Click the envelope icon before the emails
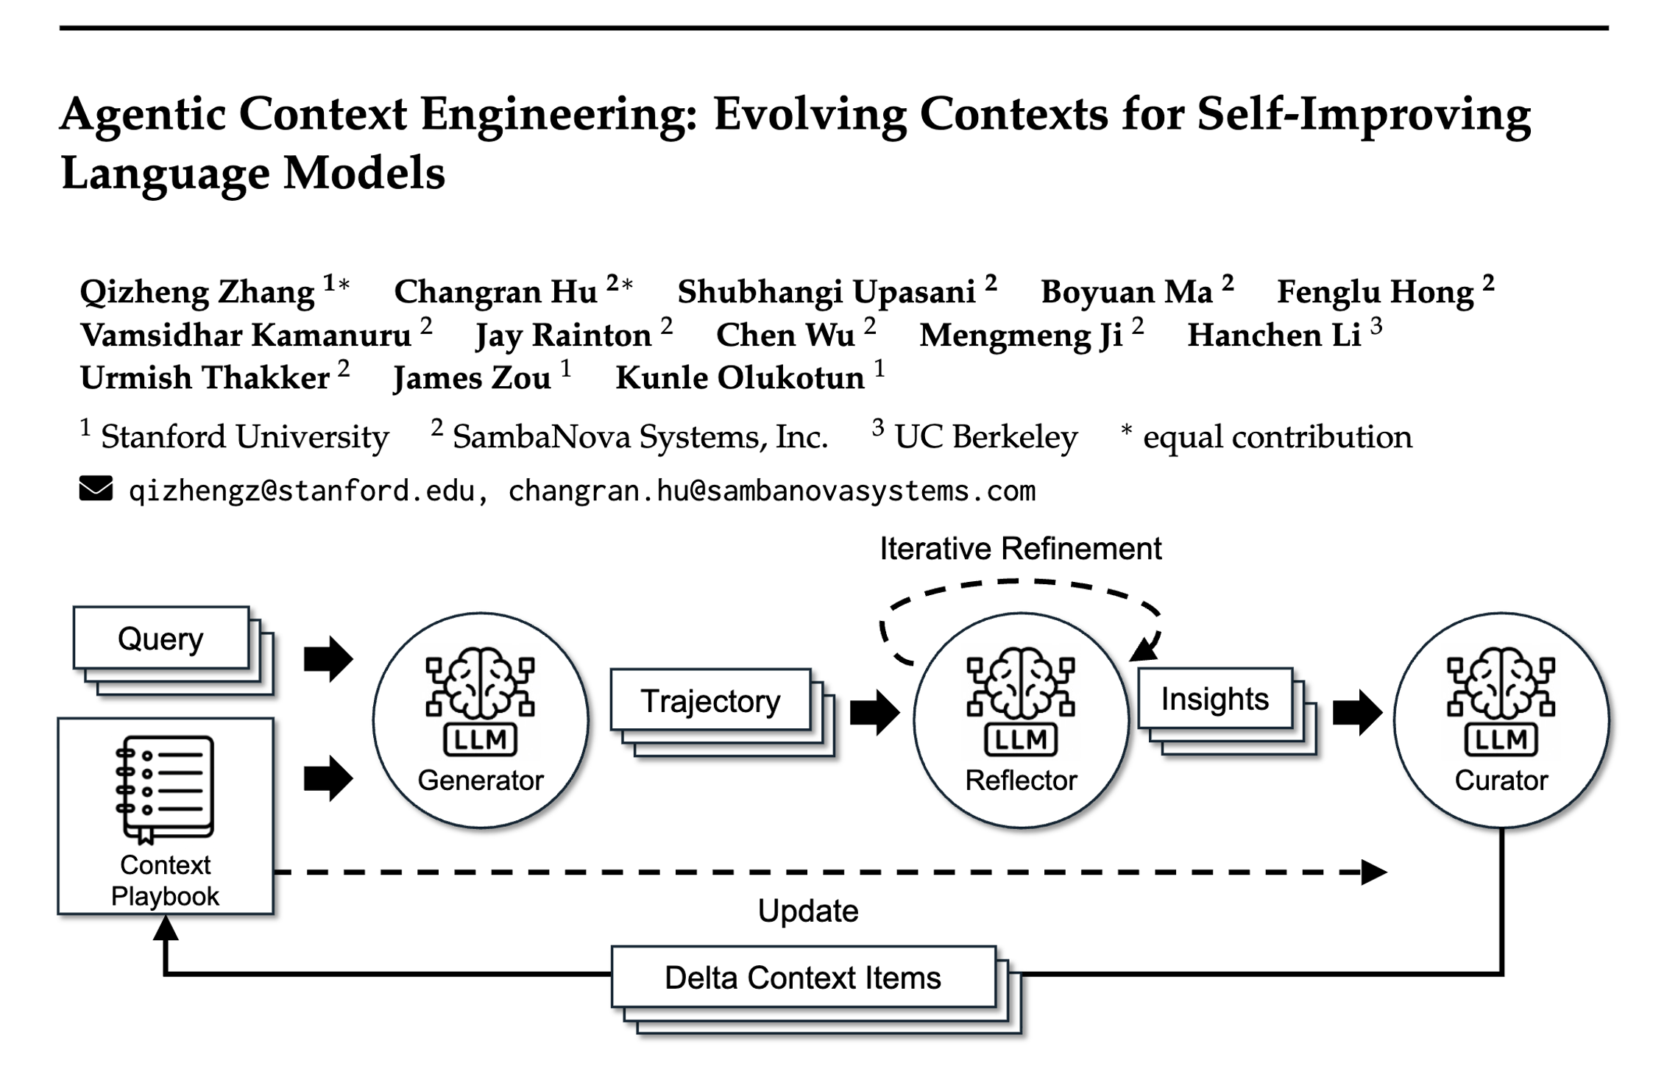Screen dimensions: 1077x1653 pos(96,489)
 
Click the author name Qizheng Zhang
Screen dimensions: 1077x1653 pos(197,292)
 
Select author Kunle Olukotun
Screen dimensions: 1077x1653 pos(740,378)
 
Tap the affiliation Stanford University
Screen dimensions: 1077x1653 pos(244,437)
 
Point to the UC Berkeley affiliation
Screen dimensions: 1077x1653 pos(985,437)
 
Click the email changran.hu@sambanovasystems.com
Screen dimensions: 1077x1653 pos(771,491)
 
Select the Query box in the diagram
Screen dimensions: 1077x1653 pos(161,638)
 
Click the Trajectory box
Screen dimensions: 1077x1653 pos(710,700)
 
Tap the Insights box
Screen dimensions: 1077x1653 pos(1215,699)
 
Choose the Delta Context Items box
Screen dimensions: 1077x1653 pos(803,978)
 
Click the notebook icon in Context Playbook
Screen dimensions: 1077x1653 pos(165,789)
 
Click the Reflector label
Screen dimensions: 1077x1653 pos(1021,780)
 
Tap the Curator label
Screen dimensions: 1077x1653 pos(1501,780)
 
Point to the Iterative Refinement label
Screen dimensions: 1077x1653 pos(1020,549)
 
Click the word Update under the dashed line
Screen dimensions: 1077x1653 pos(808,911)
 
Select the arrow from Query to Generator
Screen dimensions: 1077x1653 pos(328,658)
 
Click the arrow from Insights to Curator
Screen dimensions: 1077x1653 pos(1357,711)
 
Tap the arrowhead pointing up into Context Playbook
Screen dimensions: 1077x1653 pos(166,928)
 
